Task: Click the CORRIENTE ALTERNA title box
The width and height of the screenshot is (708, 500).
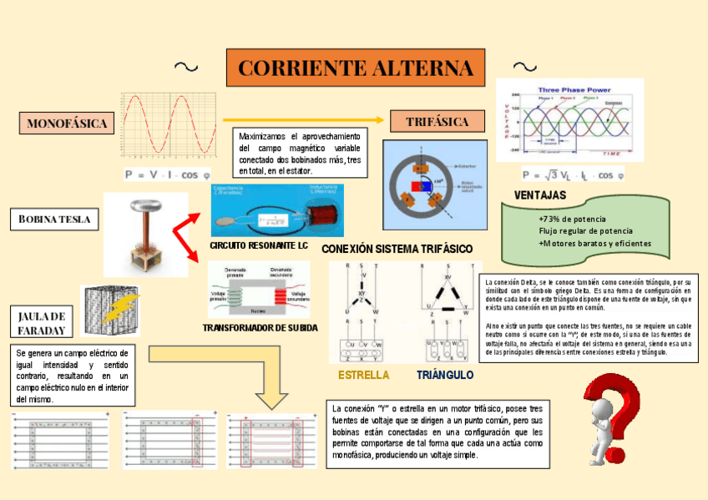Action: [355, 68]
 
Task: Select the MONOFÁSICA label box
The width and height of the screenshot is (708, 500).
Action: [66, 124]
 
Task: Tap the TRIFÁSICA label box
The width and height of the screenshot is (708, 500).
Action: [437, 122]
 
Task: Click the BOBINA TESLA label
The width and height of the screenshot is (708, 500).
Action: [54, 220]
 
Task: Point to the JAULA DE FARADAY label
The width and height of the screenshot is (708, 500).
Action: [41, 322]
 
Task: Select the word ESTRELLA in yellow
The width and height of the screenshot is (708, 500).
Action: [363, 375]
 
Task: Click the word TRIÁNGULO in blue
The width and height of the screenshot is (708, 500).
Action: [445, 375]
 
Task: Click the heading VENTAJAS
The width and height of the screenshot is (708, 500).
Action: [540, 195]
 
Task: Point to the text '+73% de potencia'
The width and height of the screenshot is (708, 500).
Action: [572, 219]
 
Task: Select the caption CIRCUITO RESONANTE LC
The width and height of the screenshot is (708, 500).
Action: [259, 247]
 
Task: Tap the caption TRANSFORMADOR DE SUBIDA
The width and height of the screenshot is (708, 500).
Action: [260, 328]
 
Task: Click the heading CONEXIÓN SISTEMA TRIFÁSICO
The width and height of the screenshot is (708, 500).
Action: [397, 250]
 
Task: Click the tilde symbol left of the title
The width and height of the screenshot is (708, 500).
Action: [186, 67]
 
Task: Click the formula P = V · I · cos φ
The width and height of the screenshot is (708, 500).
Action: [167, 174]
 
